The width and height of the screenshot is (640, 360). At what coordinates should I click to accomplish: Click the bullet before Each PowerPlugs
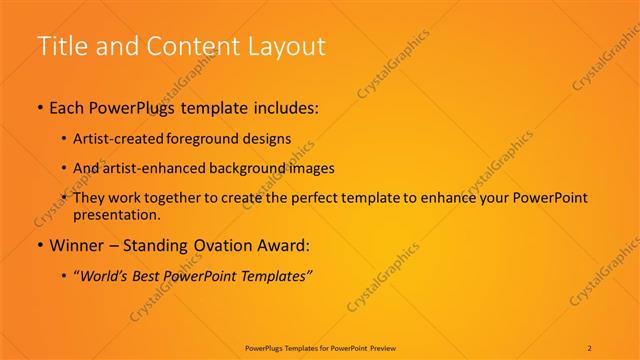click(40, 108)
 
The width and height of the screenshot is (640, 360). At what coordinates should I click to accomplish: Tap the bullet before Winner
click(40, 244)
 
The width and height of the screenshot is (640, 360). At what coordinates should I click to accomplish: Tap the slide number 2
click(590, 348)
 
